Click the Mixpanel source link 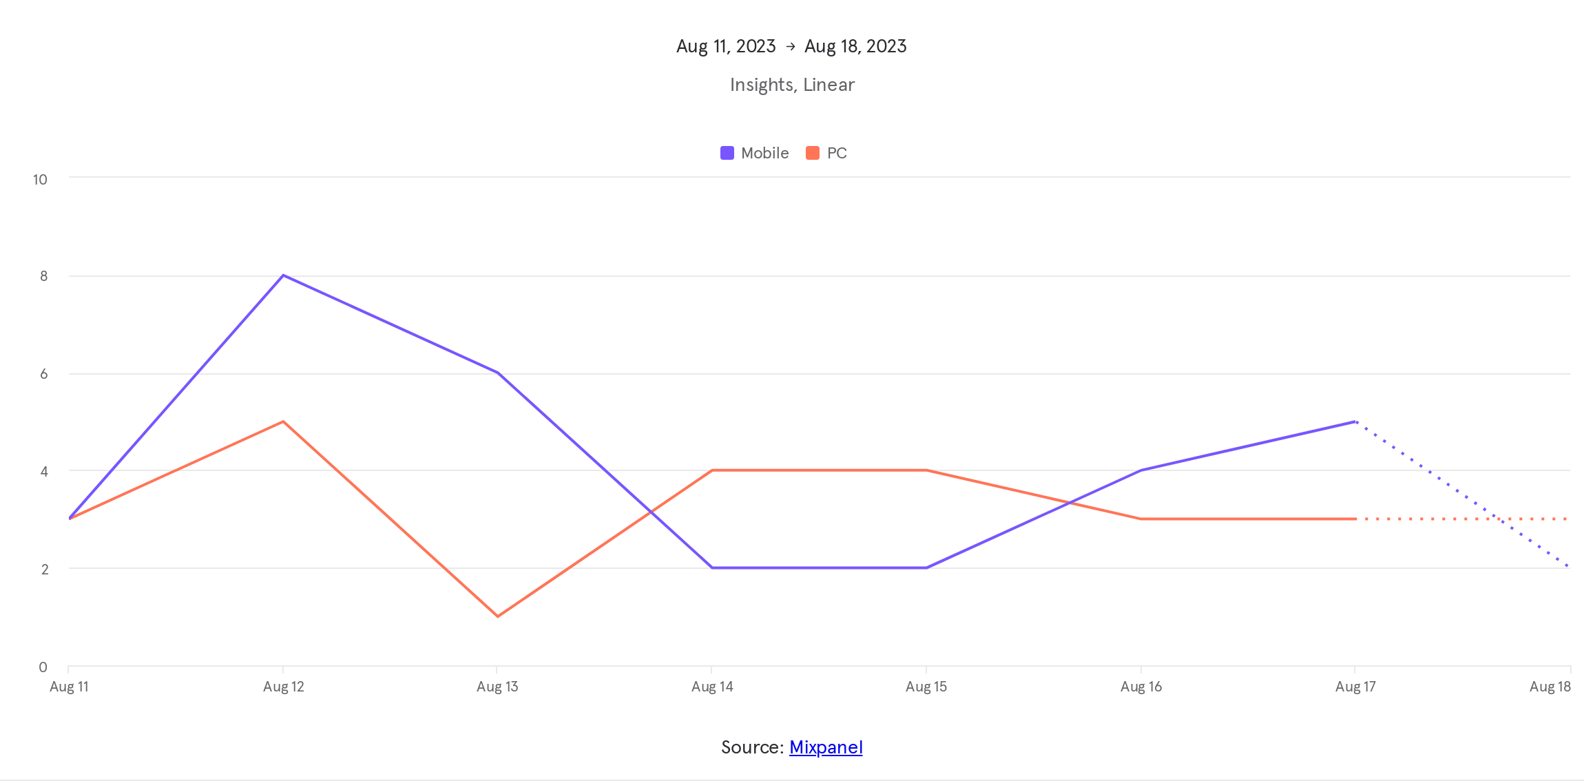tap(826, 747)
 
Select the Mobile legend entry tap(755, 153)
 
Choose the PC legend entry tap(826, 153)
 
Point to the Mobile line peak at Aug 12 tap(283, 275)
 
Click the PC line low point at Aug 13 tap(497, 616)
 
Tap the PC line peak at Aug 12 tap(283, 421)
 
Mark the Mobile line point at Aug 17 tap(1355, 421)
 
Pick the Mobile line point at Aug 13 tap(497, 373)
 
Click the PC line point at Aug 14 tap(712, 470)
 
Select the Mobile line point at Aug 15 tap(926, 567)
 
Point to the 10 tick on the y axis tap(40, 180)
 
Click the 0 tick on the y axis tap(43, 667)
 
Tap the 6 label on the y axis tap(43, 374)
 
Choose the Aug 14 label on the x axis tap(712, 687)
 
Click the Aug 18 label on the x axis tap(1550, 687)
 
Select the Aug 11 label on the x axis tap(69, 687)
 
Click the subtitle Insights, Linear tap(792, 85)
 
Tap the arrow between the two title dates tap(791, 46)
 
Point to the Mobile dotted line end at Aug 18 tap(1568, 567)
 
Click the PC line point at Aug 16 tap(1141, 519)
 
